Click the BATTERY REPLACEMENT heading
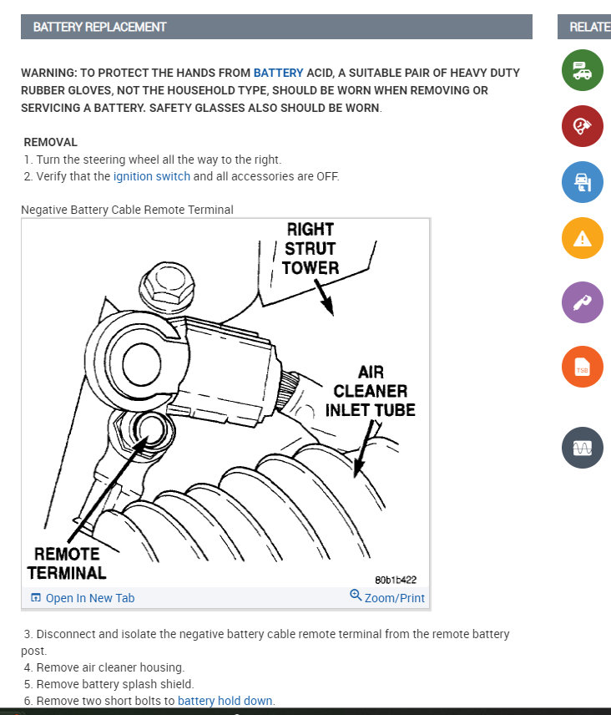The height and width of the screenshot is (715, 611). tap(100, 27)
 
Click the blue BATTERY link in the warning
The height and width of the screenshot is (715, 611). tap(279, 73)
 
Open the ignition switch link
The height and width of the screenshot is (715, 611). tap(152, 176)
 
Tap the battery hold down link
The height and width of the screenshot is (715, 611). tap(225, 701)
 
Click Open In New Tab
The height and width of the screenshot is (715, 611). tap(83, 598)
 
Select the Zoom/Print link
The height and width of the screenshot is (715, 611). tap(387, 597)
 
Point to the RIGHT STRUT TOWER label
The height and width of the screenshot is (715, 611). tap(311, 249)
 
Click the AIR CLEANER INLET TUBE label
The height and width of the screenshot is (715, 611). tap(370, 391)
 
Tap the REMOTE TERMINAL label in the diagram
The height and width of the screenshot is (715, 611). tap(67, 564)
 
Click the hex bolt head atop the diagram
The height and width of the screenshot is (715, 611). tap(167, 286)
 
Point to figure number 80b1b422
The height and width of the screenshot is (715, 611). tap(396, 580)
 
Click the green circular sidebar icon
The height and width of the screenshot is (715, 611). tap(583, 70)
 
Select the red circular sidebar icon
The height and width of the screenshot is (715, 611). tap(583, 126)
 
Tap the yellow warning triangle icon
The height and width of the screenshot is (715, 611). tap(583, 238)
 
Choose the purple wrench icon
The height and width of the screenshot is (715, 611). tap(583, 302)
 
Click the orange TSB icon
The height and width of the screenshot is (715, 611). tap(583, 367)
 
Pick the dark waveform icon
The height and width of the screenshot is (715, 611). tap(583, 448)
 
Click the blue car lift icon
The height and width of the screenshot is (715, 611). tap(583, 182)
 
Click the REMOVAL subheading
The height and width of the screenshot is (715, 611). tap(51, 142)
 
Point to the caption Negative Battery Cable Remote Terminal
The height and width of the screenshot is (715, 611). tap(127, 210)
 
